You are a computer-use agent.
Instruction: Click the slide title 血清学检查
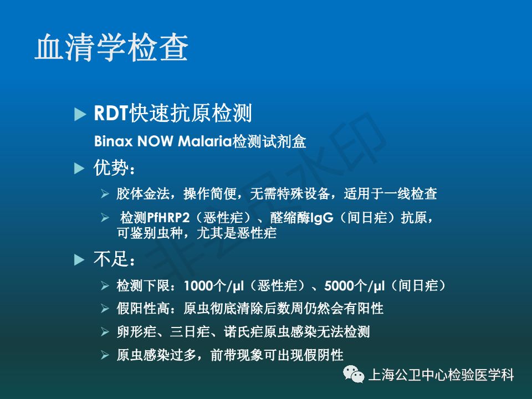click(111, 47)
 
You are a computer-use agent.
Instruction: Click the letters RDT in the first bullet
click(111, 112)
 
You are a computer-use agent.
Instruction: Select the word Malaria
click(205, 141)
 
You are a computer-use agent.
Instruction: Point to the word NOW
click(155, 141)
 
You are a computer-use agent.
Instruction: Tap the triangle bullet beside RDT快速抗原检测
click(80, 114)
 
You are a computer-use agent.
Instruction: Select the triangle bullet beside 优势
click(79, 168)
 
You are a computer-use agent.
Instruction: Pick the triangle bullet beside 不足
click(79, 260)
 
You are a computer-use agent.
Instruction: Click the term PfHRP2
click(168, 217)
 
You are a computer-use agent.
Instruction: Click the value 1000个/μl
click(214, 286)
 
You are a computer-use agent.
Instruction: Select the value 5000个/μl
click(355, 286)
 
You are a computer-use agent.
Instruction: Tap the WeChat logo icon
click(354, 374)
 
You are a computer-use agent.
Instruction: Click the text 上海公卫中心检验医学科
click(441, 375)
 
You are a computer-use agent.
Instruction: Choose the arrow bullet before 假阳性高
click(105, 309)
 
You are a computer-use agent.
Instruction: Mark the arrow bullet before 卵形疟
click(105, 331)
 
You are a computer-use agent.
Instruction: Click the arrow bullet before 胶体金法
click(105, 194)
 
